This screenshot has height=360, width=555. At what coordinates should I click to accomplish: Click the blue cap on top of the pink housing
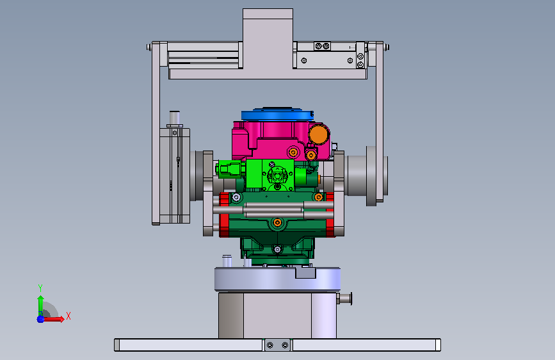(x=277, y=114)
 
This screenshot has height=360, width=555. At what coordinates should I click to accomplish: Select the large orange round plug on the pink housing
(x=319, y=135)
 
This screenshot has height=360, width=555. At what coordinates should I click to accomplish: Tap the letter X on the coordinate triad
(x=68, y=316)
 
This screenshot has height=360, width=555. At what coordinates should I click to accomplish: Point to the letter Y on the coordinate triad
(x=40, y=288)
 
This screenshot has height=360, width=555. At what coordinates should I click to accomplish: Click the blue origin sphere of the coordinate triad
(x=40, y=319)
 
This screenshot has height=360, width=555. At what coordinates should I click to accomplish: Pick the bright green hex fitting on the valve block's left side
(x=230, y=168)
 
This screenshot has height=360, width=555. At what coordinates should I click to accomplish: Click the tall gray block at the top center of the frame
(x=268, y=38)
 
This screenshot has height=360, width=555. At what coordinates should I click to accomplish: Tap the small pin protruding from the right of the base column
(x=344, y=299)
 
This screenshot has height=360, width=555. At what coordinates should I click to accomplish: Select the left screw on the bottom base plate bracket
(x=270, y=345)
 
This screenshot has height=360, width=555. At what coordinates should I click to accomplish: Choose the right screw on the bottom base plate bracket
(x=285, y=345)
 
